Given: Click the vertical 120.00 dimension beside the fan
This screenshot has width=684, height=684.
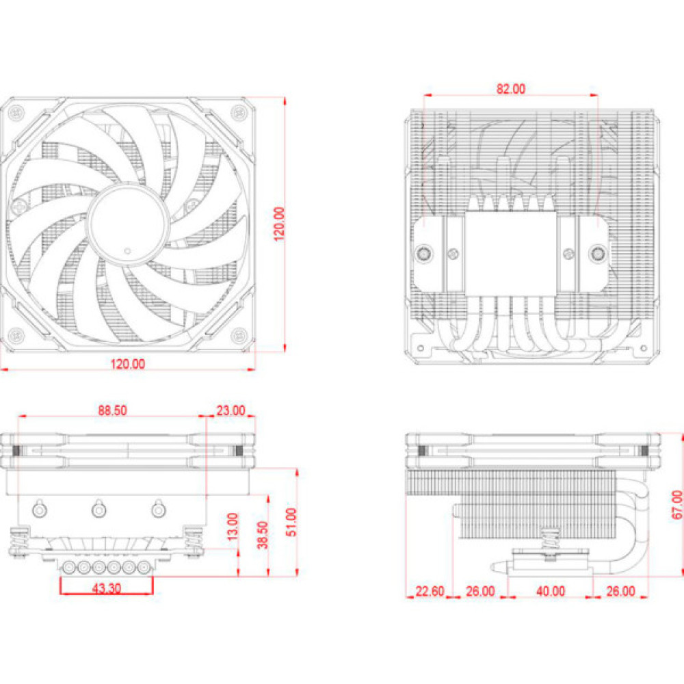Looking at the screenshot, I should click(279, 224).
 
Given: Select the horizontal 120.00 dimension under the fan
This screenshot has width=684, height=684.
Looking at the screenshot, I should click(128, 364).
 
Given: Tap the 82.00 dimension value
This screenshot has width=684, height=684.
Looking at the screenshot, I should click(510, 88).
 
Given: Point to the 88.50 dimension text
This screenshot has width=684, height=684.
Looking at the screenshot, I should click(113, 410).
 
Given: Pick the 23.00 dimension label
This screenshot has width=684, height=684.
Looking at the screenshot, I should click(231, 410).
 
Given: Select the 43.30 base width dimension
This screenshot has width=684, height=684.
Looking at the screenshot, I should click(107, 588).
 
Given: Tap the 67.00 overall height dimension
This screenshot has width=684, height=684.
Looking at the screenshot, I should click(676, 505).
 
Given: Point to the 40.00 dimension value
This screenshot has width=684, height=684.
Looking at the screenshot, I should click(550, 591).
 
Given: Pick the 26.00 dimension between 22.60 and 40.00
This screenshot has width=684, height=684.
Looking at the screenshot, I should click(480, 591).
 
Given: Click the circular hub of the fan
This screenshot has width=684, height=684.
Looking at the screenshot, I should click(128, 222).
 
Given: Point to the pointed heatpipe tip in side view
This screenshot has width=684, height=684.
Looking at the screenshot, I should click(495, 567).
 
